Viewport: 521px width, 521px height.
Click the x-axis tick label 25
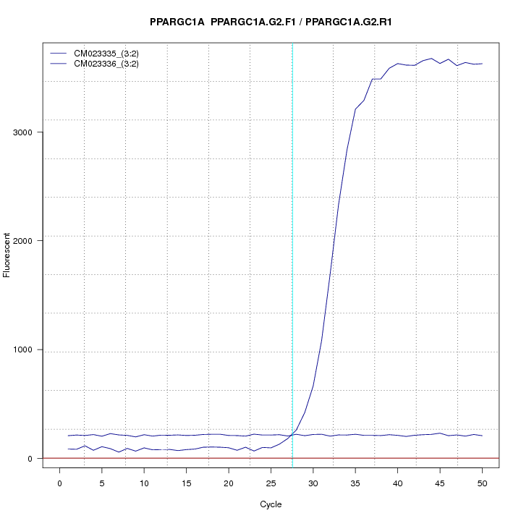tap(271, 483)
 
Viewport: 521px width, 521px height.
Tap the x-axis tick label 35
tap(355, 483)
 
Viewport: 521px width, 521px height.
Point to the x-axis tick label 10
tap(144, 483)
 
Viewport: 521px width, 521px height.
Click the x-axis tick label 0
tap(60, 483)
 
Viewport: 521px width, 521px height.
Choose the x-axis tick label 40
tap(397, 483)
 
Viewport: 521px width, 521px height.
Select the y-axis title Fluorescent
tap(8, 255)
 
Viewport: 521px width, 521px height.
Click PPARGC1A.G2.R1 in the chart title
tap(349, 22)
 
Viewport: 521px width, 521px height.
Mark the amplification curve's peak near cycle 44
tap(431, 59)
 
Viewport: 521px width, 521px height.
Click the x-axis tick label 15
tap(187, 483)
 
